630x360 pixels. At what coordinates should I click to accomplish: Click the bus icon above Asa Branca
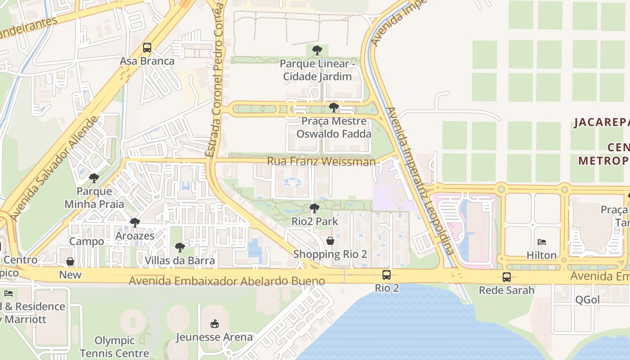point(147,47)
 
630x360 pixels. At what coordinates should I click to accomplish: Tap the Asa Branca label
point(147,61)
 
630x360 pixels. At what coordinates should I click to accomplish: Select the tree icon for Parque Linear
point(317,50)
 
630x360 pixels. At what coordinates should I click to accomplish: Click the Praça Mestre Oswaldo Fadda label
point(333,128)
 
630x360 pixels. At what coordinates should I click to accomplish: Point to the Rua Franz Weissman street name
point(321,162)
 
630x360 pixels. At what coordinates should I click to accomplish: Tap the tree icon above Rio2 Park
point(315,208)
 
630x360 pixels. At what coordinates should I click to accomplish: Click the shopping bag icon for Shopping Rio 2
point(330,241)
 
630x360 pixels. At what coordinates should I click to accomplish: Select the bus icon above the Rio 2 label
point(387,275)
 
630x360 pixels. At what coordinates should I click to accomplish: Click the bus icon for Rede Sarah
point(507,277)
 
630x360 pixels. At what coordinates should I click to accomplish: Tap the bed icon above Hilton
point(542,242)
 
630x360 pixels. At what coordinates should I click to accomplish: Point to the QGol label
point(588,300)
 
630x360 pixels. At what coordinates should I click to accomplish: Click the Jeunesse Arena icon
point(215,324)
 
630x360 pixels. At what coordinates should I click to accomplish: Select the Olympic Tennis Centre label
point(114,347)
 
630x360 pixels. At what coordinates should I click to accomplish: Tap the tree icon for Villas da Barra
point(180,247)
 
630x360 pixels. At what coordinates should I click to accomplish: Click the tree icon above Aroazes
point(135,222)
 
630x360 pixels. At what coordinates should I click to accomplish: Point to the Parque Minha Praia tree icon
point(94,178)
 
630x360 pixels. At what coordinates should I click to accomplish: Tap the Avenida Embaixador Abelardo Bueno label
point(227,281)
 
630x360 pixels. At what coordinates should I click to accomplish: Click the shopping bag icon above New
point(70,261)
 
